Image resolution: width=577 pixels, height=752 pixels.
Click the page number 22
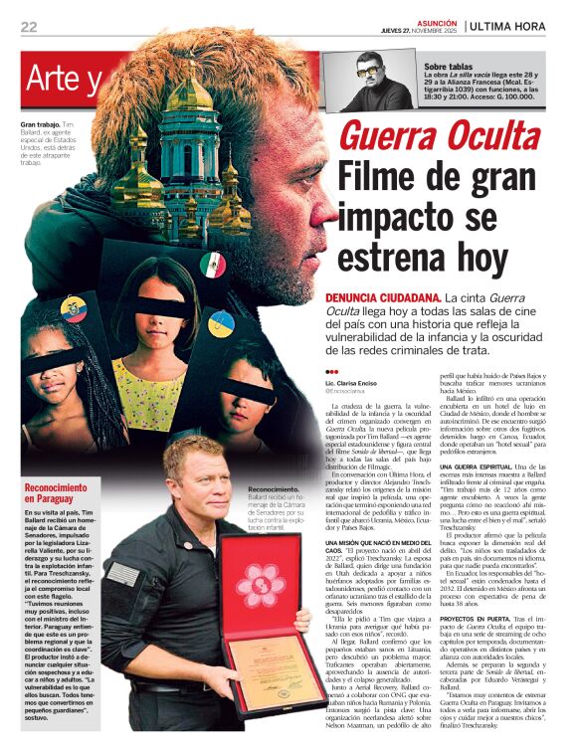28,27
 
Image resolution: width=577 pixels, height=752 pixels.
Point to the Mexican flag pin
212,265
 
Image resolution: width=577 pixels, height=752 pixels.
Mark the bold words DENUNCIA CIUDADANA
382,297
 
